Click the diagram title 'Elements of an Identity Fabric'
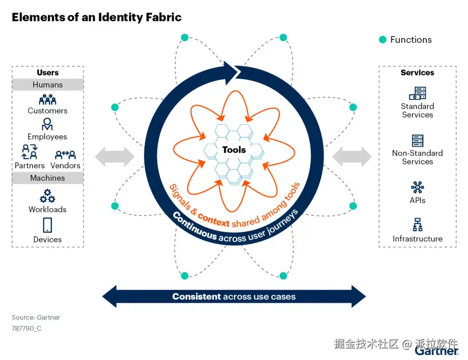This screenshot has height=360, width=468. tap(96, 17)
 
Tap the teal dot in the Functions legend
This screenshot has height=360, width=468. tap(383, 40)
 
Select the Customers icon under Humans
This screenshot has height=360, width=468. tap(48, 100)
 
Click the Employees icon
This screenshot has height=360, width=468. tap(47, 124)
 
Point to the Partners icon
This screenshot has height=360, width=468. tap(30, 153)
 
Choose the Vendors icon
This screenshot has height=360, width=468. tap(65, 154)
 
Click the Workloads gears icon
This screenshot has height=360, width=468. tap(47, 196)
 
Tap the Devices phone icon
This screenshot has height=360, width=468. tap(48, 225)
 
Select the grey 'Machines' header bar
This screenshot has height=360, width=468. tap(48, 178)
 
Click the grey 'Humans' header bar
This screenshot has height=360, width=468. tap(48, 85)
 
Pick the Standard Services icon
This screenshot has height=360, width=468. tap(417, 93)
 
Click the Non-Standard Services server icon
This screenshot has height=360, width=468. tap(417, 141)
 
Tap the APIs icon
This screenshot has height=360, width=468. tap(417, 187)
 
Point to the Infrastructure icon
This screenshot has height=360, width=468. tap(417, 225)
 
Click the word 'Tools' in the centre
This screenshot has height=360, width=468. tap(234, 150)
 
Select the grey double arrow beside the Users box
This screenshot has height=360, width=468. tap(114, 157)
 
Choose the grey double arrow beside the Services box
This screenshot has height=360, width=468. tap(352, 157)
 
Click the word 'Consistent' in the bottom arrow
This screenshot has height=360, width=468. tap(196, 297)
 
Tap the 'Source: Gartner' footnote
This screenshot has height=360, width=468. tap(36, 317)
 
